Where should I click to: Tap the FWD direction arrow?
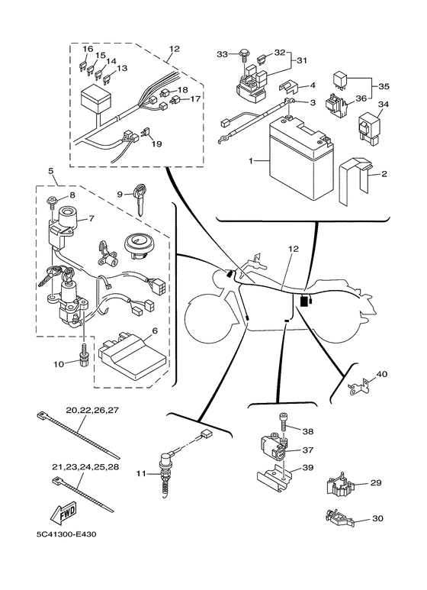[63, 513]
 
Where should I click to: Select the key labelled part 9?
[140, 198]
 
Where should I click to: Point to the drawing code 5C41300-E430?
[65, 534]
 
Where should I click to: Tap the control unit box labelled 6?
[133, 354]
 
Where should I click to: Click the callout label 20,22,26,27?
[92, 410]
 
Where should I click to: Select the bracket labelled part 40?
[359, 387]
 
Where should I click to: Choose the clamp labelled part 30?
[339, 517]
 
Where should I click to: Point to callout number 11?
[140, 473]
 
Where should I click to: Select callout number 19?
[156, 143]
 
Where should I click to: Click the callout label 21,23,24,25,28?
[85, 467]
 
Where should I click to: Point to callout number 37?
[307, 450]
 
